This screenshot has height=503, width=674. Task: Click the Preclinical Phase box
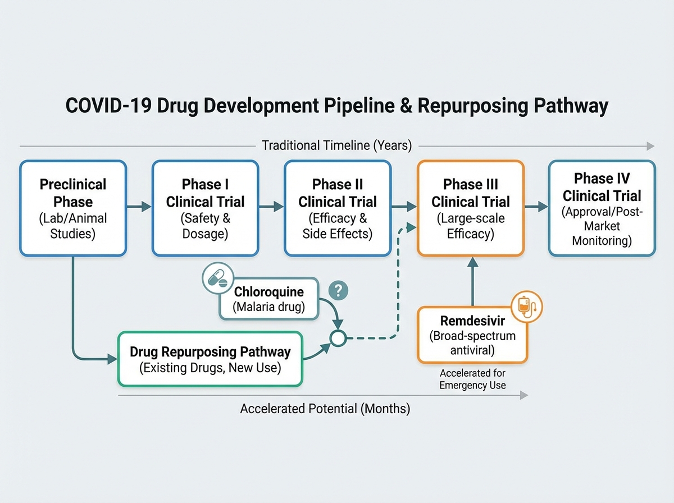pyautogui.click(x=73, y=208)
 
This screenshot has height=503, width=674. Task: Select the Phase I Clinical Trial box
pyautogui.click(x=205, y=208)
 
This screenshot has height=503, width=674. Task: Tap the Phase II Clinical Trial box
pyautogui.click(x=337, y=208)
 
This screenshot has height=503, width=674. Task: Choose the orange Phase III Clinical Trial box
pyautogui.click(x=471, y=208)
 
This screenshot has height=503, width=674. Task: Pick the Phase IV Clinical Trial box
pyautogui.click(x=602, y=208)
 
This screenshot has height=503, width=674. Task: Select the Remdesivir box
pyautogui.click(x=472, y=335)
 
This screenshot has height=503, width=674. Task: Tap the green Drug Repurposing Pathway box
pyautogui.click(x=210, y=359)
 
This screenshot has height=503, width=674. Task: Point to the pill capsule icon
pyautogui.click(x=217, y=279)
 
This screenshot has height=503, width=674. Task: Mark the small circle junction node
pyautogui.click(x=338, y=339)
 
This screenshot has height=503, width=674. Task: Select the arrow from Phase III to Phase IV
pyautogui.click(x=536, y=207)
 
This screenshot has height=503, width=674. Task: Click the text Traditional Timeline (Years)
pyautogui.click(x=337, y=146)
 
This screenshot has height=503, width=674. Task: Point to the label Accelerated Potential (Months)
pyautogui.click(x=325, y=409)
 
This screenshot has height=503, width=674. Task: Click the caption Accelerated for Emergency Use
pyautogui.click(x=472, y=379)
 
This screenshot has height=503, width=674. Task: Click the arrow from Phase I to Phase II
pyautogui.click(x=271, y=207)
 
